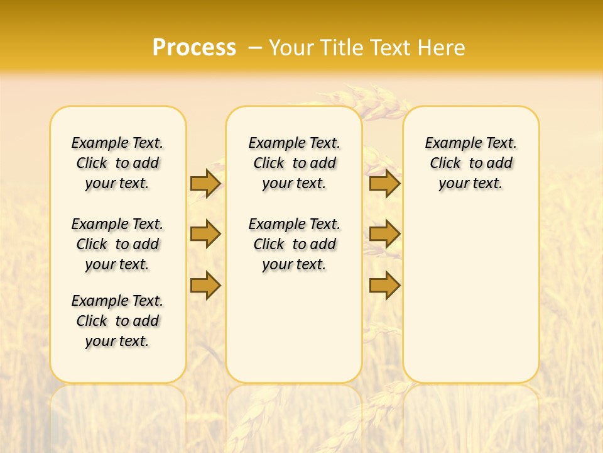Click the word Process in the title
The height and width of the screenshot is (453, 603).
click(x=194, y=48)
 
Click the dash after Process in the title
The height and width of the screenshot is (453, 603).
click(x=255, y=48)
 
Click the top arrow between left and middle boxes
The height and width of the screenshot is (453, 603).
click(x=205, y=183)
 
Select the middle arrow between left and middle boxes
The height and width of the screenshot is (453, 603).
click(x=205, y=234)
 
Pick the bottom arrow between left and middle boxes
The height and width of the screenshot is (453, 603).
click(x=205, y=285)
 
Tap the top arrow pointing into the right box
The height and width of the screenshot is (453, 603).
click(x=384, y=183)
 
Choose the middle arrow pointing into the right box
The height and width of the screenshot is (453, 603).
click(x=384, y=234)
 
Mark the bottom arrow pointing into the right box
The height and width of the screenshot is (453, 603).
click(x=384, y=285)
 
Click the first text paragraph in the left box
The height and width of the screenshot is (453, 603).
click(x=117, y=163)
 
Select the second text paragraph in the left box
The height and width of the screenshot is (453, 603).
click(x=117, y=244)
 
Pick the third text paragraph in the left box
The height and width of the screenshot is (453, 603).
click(x=117, y=321)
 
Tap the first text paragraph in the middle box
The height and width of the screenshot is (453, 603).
click(x=294, y=163)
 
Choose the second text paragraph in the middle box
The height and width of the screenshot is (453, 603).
click(x=294, y=244)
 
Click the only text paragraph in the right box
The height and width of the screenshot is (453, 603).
click(x=471, y=163)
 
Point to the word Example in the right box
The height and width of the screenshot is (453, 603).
click(x=448, y=143)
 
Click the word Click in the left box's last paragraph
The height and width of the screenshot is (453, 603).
click(x=92, y=321)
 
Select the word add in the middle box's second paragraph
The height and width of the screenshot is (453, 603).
click(x=323, y=244)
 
